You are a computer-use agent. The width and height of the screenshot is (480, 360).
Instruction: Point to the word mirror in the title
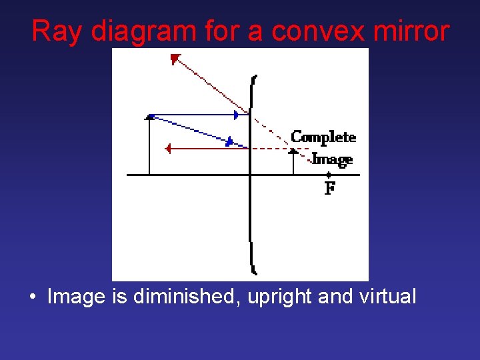(411, 31)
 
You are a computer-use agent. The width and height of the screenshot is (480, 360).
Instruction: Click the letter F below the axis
(329, 189)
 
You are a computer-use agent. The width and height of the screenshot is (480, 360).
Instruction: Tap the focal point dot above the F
(329, 175)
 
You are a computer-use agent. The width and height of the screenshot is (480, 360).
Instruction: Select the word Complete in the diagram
(323, 137)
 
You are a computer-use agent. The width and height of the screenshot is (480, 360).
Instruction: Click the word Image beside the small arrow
(333, 159)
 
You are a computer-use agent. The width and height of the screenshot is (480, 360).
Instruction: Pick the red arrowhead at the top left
(175, 60)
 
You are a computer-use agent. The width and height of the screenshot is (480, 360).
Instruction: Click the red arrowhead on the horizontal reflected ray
(168, 149)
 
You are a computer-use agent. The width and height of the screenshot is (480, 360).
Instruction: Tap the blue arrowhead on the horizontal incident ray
(236, 115)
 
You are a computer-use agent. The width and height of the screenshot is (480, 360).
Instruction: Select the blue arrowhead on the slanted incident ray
(229, 141)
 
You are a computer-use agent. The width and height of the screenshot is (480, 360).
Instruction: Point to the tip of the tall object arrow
(149, 117)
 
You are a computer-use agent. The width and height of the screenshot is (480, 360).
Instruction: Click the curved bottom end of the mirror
(253, 269)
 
